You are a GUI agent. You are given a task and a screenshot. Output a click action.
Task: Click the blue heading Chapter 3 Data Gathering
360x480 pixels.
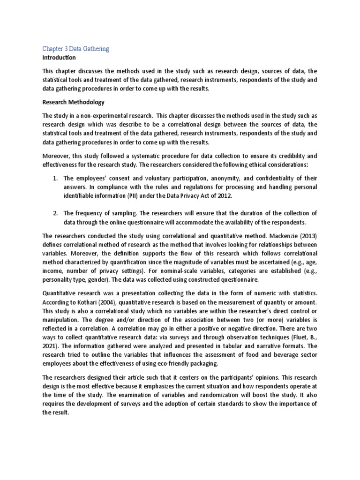point(75,48)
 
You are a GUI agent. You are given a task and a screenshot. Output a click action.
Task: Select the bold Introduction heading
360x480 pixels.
point(59,58)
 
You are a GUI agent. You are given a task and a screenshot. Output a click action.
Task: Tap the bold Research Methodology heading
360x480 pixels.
point(74,102)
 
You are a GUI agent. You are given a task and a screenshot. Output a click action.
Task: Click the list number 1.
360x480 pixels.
point(55,179)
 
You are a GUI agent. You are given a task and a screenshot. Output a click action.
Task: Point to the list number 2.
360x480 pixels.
point(55,213)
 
